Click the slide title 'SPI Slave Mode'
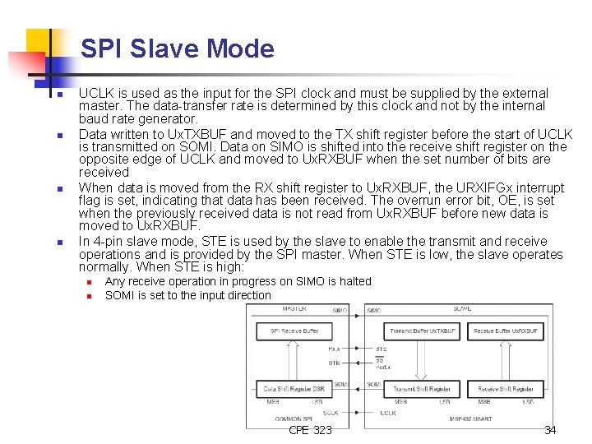(177, 49)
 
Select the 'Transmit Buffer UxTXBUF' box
(422, 331)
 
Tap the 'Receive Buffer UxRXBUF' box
(506, 331)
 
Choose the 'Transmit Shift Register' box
(422, 388)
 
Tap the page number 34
(550, 430)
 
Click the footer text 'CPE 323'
(311, 430)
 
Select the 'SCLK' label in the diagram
(331, 412)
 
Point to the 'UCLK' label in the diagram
(388, 412)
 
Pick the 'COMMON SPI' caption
(294, 419)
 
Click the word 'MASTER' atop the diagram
(294, 309)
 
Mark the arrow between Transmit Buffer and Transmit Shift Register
(422, 359)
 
